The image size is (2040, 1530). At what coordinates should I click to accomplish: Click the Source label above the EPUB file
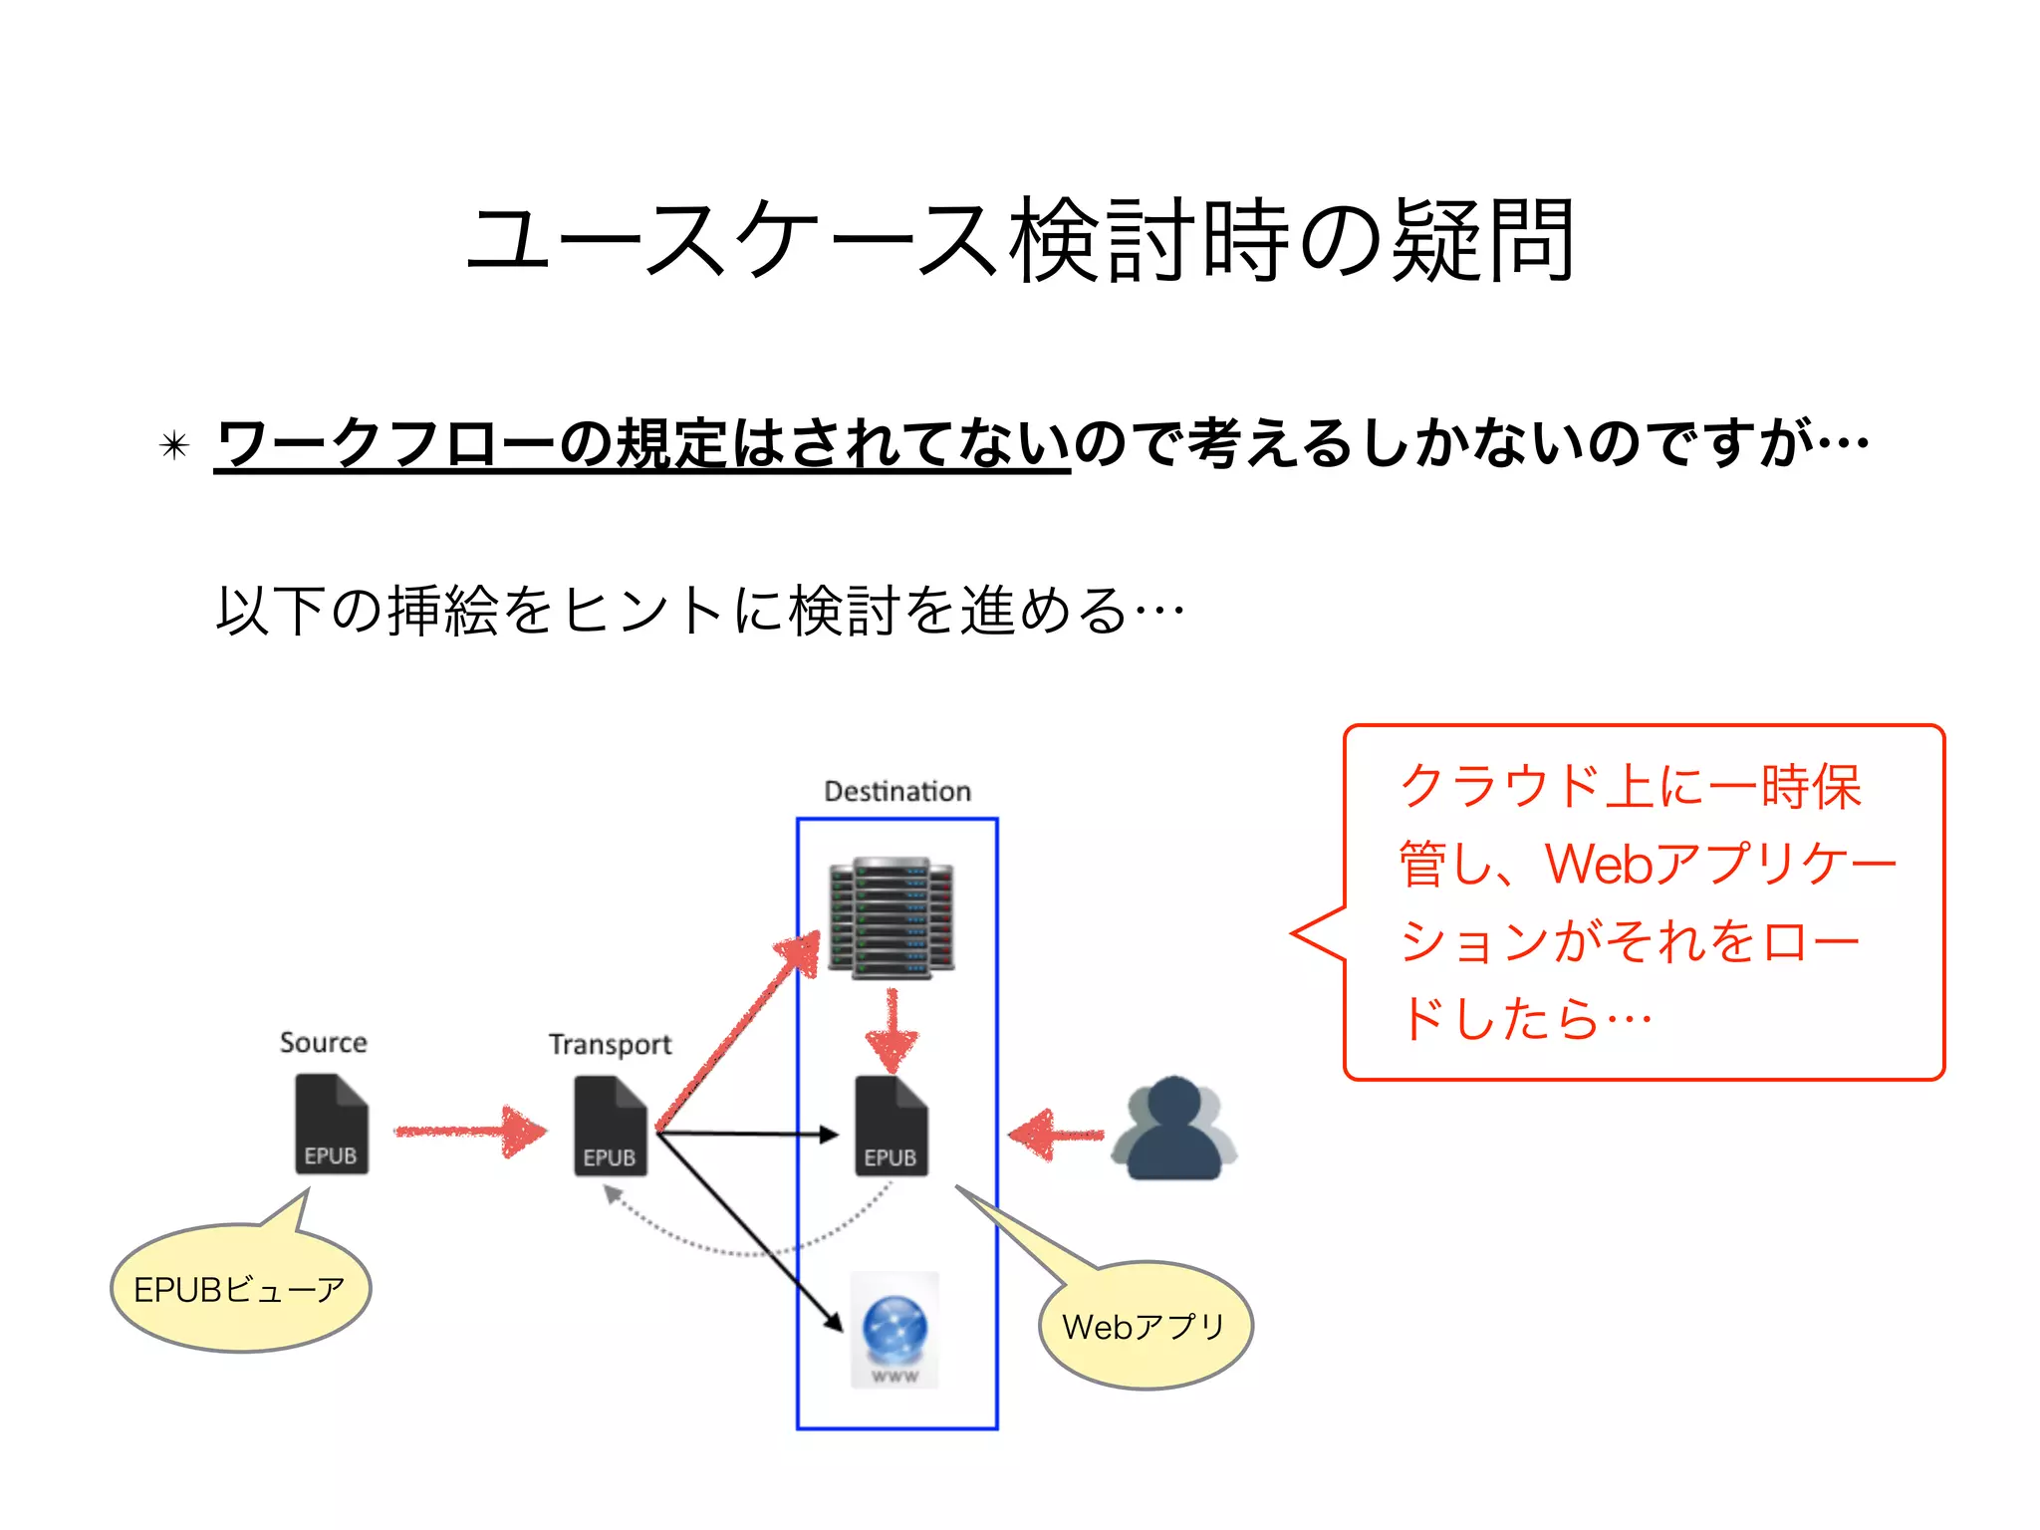point(323,1042)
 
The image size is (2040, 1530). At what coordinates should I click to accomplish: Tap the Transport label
point(610,1044)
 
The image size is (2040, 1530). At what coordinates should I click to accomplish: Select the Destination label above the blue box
point(896,791)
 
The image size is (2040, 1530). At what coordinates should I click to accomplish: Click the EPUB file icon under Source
point(332,1124)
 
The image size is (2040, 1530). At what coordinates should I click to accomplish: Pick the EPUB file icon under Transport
point(611,1126)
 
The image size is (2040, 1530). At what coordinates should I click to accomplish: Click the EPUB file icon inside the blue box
point(892,1126)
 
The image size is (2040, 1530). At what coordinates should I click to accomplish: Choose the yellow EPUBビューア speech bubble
point(240,1289)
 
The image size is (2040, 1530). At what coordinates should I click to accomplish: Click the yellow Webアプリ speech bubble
point(1145,1326)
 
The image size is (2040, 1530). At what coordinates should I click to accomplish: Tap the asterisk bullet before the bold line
point(174,445)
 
